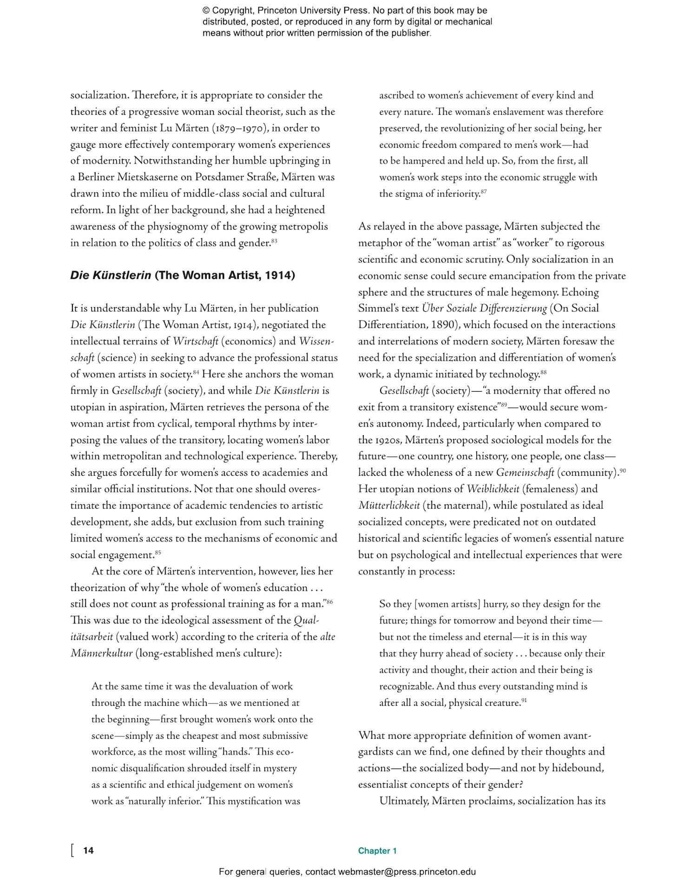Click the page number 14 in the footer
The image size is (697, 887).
pos(88,850)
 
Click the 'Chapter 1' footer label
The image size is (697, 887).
pos(377,851)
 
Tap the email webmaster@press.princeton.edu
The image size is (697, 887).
pos(407,872)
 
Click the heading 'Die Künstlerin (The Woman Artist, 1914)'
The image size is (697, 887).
pos(183,275)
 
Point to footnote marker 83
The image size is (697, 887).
pos(274,240)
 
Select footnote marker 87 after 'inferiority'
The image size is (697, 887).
pos(484,191)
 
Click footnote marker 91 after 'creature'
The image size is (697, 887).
pos(524,700)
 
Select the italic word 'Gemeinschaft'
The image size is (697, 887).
pos(525,473)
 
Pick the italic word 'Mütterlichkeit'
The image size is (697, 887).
pos(389,506)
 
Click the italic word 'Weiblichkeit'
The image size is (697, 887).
pos(493,489)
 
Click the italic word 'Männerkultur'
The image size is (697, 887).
pos(101,653)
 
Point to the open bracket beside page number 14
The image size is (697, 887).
pos(72,850)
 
